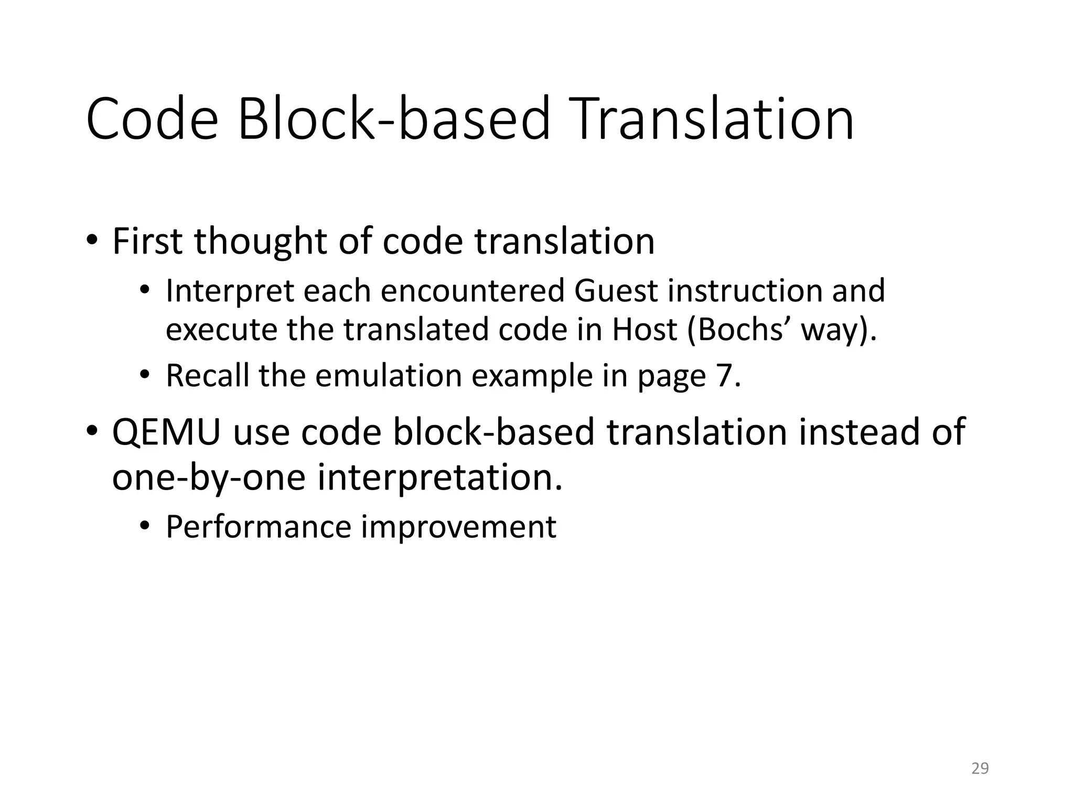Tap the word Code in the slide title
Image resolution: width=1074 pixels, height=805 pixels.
(152, 119)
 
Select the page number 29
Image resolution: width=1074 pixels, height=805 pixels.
(980, 768)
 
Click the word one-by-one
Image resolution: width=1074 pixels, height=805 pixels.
(209, 478)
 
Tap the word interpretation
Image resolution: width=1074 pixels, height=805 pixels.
(439, 478)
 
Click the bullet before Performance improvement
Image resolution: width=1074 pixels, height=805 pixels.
(145, 526)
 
